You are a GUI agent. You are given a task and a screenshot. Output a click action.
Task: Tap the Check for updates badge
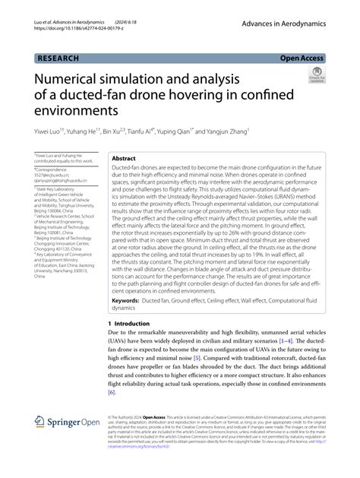point(314,76)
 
